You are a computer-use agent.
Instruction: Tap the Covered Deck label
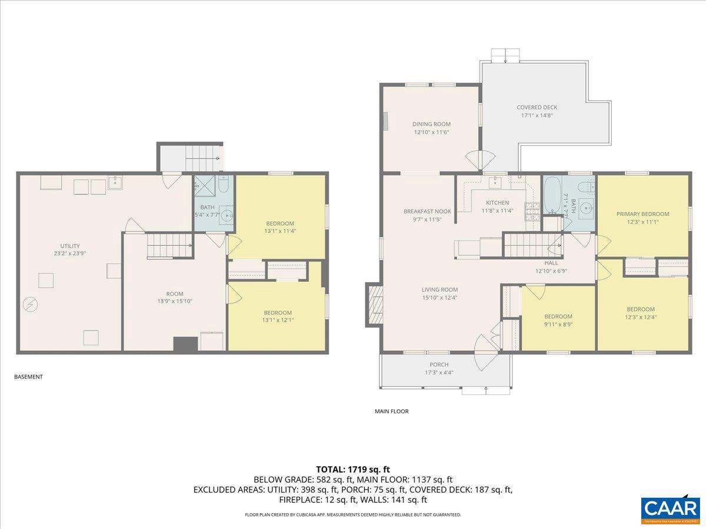tap(537, 111)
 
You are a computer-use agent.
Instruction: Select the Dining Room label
tap(431, 128)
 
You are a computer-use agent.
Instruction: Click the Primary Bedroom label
tap(642, 217)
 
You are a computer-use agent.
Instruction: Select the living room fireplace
tap(374, 304)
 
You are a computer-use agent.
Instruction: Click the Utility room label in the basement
tap(69, 250)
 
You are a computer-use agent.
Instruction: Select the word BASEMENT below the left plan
tap(28, 377)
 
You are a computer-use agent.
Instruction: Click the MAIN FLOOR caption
tap(391, 411)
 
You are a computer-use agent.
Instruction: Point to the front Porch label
tap(438, 369)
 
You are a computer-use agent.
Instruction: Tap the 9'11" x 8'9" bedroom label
tap(558, 320)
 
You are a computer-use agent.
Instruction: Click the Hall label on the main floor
tap(551, 267)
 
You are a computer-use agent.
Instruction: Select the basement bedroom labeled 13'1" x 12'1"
tap(277, 316)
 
